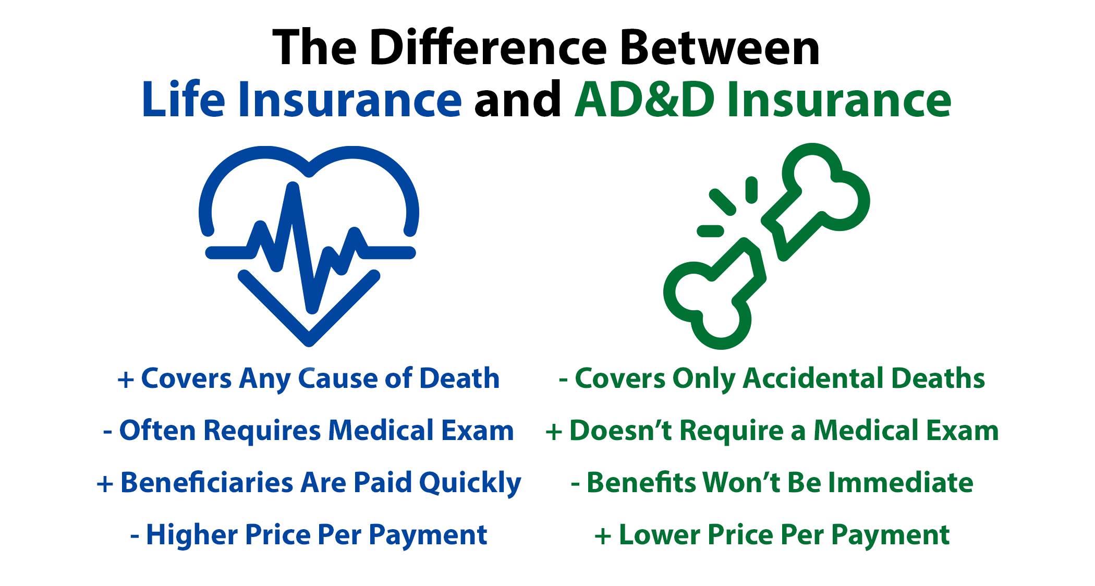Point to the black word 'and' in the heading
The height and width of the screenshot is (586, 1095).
(518, 99)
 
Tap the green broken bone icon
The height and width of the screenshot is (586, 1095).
(766, 246)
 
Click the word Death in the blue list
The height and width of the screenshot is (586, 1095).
(459, 378)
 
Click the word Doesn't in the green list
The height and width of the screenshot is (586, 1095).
(620, 431)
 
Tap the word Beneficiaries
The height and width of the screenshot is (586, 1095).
(207, 482)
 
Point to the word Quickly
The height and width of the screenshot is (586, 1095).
(470, 483)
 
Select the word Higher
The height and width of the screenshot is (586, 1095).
(191, 535)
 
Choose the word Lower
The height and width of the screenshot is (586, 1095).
(659, 535)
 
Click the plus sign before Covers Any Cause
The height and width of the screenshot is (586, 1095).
(126, 380)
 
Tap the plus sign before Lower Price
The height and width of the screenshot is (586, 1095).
(603, 536)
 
